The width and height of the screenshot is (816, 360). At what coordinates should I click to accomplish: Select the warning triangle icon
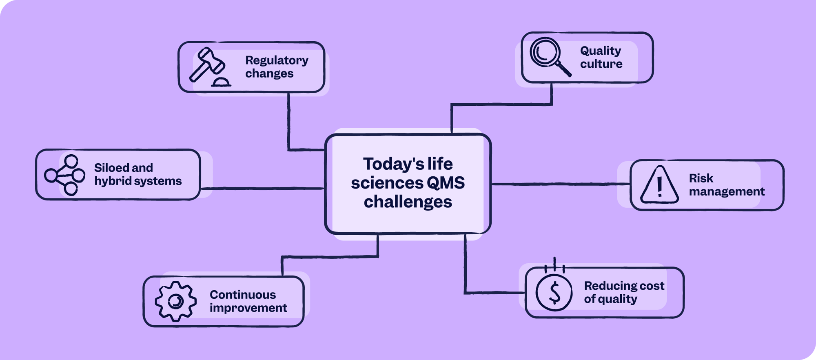(x=659, y=185)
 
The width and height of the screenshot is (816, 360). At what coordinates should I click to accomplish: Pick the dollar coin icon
(x=554, y=292)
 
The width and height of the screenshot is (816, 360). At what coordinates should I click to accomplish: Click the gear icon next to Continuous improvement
(x=176, y=301)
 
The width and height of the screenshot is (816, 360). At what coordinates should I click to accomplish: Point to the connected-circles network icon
(x=65, y=175)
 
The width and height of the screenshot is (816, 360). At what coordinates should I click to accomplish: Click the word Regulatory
(x=277, y=60)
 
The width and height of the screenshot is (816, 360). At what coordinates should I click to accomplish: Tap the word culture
(x=601, y=64)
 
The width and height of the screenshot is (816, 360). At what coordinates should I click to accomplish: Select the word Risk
(x=701, y=178)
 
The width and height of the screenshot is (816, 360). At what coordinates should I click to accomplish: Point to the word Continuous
(x=243, y=295)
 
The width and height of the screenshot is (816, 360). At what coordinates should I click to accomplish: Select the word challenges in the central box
(x=408, y=202)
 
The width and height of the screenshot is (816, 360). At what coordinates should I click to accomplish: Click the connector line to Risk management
(x=561, y=184)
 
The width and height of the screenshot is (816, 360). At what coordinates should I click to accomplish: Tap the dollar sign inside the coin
(x=554, y=293)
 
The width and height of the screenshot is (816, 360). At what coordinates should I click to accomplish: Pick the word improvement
(x=248, y=308)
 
